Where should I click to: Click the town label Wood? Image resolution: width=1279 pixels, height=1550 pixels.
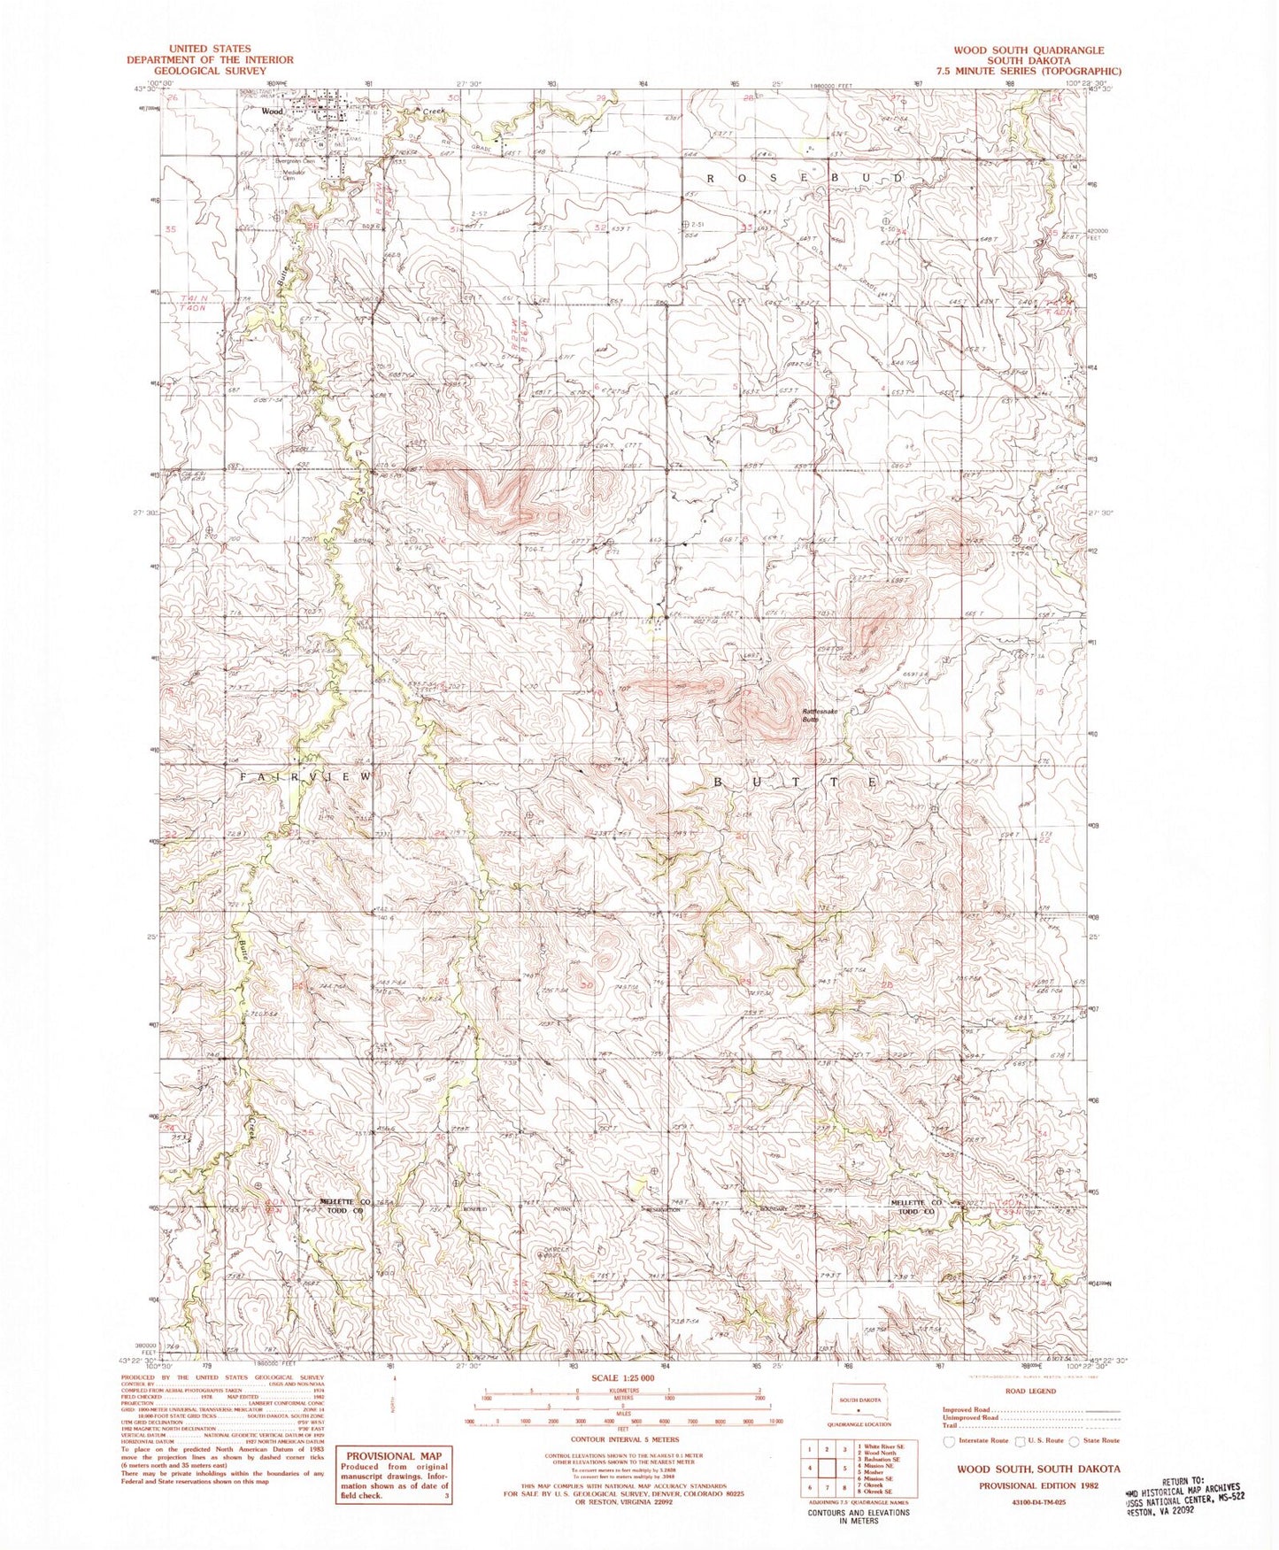tap(272, 112)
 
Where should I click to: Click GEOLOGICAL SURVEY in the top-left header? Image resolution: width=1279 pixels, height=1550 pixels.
tap(209, 71)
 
